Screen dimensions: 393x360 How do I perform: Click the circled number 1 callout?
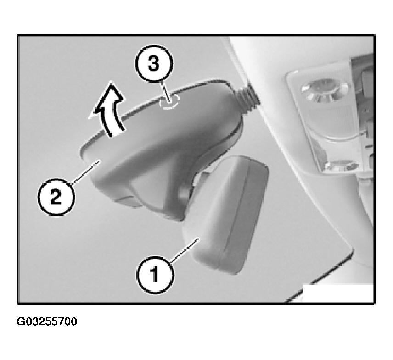pos(155,275)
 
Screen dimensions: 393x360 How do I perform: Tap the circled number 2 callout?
pos(56,197)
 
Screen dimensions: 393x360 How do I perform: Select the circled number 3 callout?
pos(154,63)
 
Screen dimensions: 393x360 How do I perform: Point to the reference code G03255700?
pos(47,321)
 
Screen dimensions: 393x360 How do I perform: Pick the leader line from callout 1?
pos(185,251)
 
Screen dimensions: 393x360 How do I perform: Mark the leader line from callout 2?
pos(85,173)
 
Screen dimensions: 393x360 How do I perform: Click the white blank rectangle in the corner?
pos(338,293)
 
